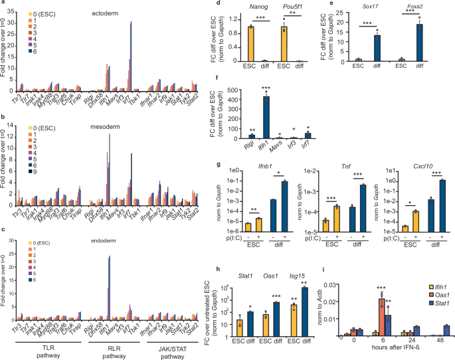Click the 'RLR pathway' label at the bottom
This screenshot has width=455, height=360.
coord(110,348)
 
